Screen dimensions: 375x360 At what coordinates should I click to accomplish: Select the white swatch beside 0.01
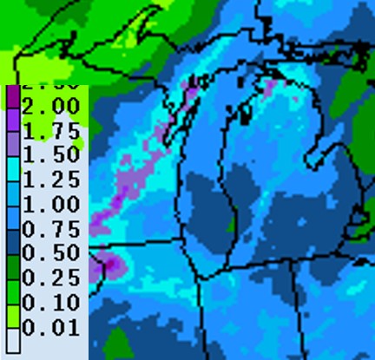[14, 329]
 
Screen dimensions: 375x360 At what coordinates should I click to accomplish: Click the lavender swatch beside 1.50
[14, 144]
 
